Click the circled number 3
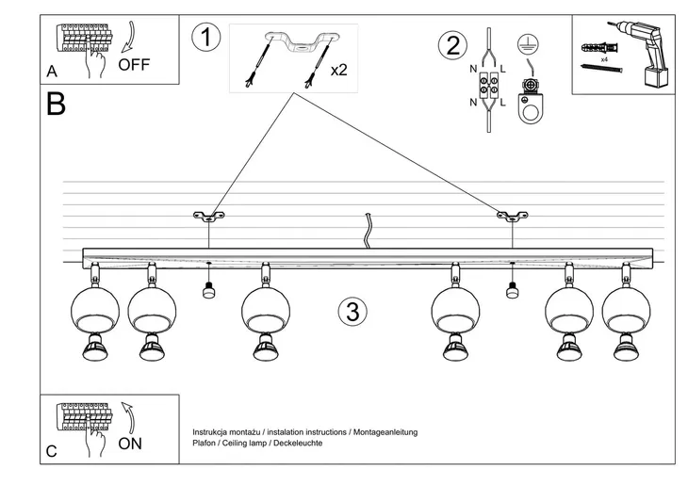click(x=351, y=312)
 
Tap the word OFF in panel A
click(x=135, y=66)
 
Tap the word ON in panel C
click(x=131, y=443)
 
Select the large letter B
click(x=56, y=105)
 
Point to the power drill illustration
click(x=651, y=55)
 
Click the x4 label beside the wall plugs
click(x=603, y=58)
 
